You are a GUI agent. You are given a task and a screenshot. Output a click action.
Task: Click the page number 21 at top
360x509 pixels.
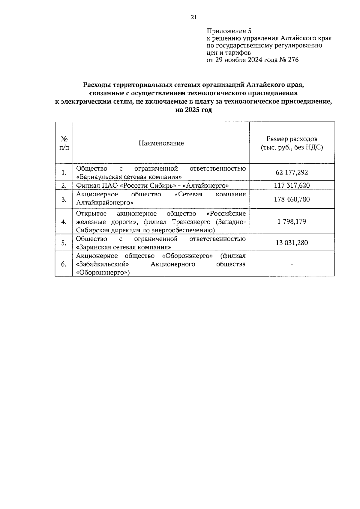pos(193,17)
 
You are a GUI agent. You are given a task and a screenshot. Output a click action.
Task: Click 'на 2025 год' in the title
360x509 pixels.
pos(193,110)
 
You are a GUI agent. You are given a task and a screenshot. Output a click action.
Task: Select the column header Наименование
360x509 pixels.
pos(161,143)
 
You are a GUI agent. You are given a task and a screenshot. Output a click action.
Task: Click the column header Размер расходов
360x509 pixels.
pos(292,139)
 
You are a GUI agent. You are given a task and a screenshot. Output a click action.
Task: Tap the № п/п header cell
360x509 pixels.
pos(64,143)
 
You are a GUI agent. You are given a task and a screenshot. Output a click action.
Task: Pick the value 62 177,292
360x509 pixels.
pos(292,172)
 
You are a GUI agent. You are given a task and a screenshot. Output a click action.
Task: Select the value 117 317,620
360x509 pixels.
pos(292,186)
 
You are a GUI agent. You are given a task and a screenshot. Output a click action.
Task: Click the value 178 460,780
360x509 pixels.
pos(292,199)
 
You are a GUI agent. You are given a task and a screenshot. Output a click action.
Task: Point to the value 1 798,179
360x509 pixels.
pos(292,222)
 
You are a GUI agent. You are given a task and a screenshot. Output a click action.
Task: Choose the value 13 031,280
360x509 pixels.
pos(292,243)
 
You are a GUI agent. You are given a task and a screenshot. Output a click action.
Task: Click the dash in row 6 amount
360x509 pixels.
pos(292,264)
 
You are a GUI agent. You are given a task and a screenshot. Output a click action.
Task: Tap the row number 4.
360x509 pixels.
pos(64,222)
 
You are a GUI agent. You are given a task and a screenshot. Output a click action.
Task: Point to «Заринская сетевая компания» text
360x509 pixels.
pos(124,247)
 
